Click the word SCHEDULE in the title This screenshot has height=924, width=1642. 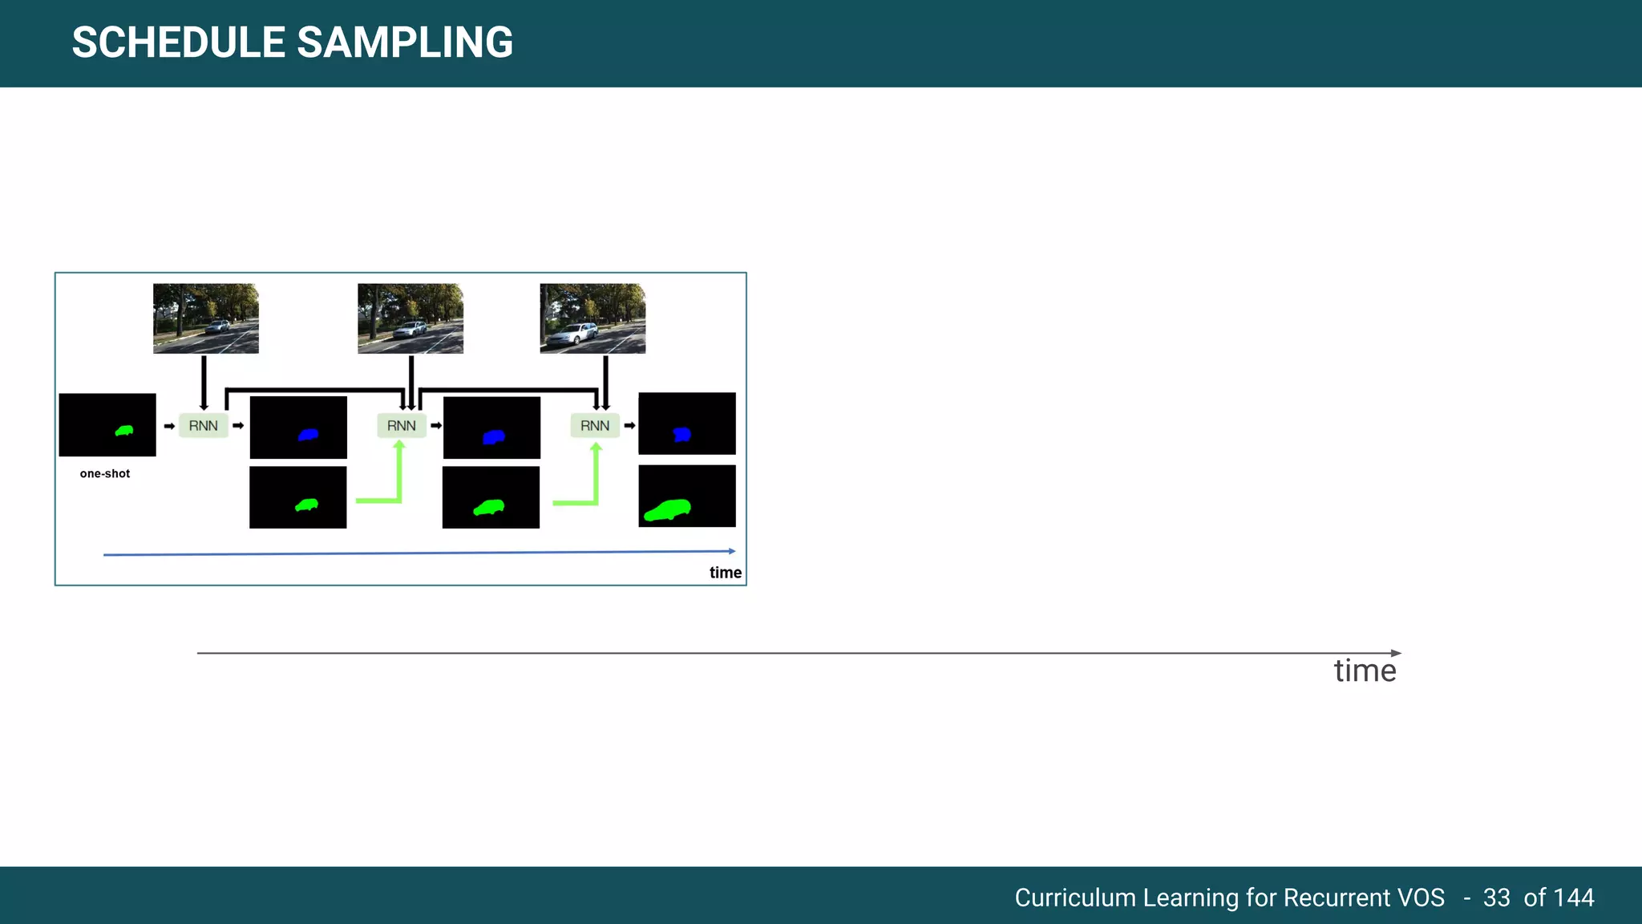tap(178, 43)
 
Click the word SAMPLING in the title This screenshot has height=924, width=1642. tap(405, 43)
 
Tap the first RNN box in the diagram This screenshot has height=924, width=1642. tap(204, 426)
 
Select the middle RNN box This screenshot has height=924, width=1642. tap(402, 426)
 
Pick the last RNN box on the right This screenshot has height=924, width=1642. tap(595, 426)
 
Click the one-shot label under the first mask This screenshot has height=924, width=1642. tap(105, 474)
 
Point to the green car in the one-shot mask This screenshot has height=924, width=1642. tap(124, 431)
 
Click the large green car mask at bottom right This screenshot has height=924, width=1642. tap(668, 510)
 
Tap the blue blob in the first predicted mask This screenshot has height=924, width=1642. tap(309, 435)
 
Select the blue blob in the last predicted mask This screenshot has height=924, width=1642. tap(681, 435)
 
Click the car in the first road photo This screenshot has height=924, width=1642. tap(217, 326)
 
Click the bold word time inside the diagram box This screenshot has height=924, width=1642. tap(726, 573)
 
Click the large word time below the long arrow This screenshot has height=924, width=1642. tap(1365, 671)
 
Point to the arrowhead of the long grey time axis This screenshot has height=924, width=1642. tap(1396, 653)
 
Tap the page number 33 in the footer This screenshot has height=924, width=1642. tap(1496, 898)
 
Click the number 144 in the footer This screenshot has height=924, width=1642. tap(1574, 898)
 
